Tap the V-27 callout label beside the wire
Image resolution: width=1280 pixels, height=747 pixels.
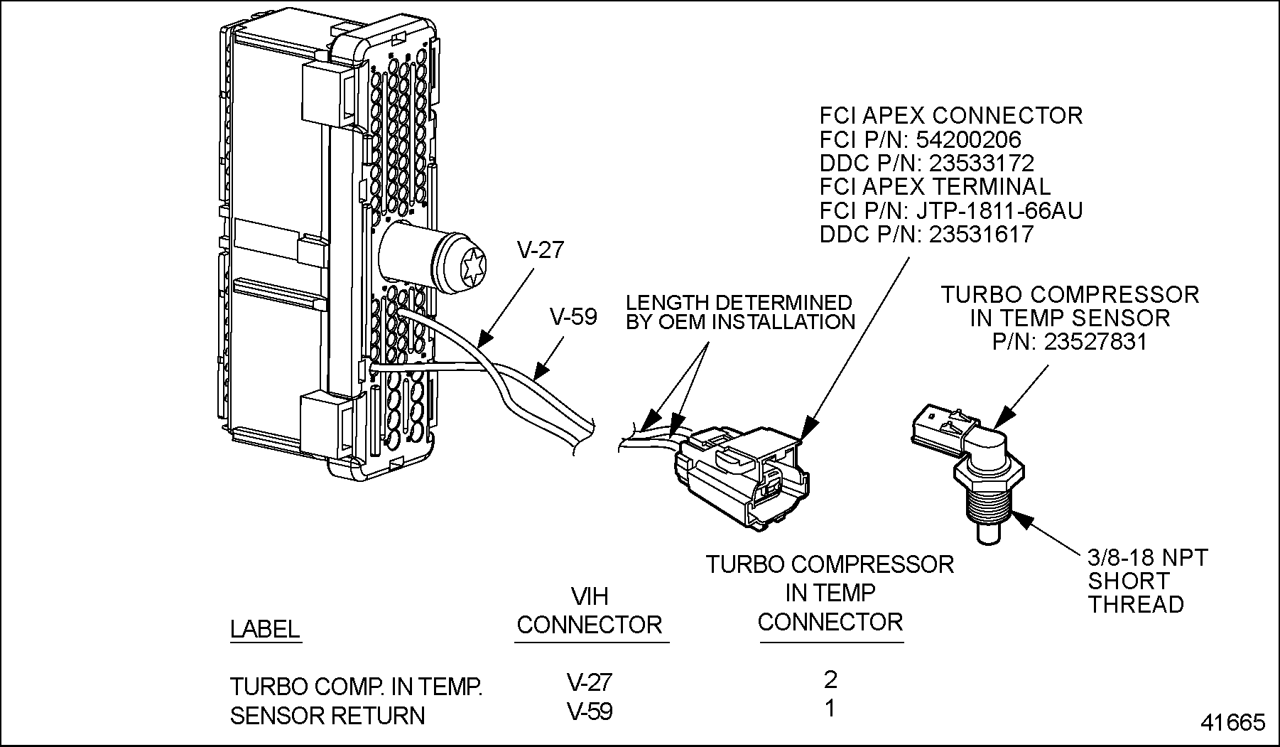(x=540, y=250)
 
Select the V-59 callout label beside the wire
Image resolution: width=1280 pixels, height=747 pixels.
(x=574, y=317)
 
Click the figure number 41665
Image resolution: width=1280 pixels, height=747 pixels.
(x=1233, y=723)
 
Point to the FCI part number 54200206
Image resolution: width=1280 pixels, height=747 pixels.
(x=969, y=139)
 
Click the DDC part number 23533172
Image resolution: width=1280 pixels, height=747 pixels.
(x=982, y=163)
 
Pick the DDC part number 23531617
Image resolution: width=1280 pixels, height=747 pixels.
(x=982, y=235)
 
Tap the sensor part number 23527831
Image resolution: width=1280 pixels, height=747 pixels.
(x=1095, y=342)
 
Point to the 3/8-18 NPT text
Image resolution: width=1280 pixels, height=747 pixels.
(x=1148, y=558)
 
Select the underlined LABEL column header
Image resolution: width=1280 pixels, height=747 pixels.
(x=264, y=629)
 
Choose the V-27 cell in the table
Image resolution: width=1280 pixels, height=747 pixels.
(x=590, y=682)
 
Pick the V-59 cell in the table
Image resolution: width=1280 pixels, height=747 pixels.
(x=590, y=711)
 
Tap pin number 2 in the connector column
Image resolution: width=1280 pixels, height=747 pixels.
(x=830, y=679)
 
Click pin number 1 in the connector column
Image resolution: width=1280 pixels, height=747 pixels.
(x=830, y=709)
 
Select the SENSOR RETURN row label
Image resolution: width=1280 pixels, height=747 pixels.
(x=327, y=716)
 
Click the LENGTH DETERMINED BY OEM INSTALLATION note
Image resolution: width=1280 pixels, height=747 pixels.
(x=740, y=313)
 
